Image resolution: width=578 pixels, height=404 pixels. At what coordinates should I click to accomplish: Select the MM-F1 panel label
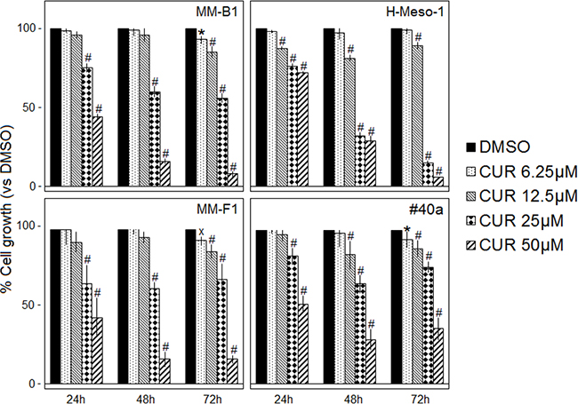pyautogui.click(x=222, y=212)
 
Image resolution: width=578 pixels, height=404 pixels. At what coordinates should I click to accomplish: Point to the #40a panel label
pyautogui.click(x=436, y=212)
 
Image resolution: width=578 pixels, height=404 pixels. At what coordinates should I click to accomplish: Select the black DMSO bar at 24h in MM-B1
pyautogui.click(x=55, y=107)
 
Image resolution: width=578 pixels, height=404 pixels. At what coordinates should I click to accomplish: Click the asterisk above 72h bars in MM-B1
pyautogui.click(x=202, y=32)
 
